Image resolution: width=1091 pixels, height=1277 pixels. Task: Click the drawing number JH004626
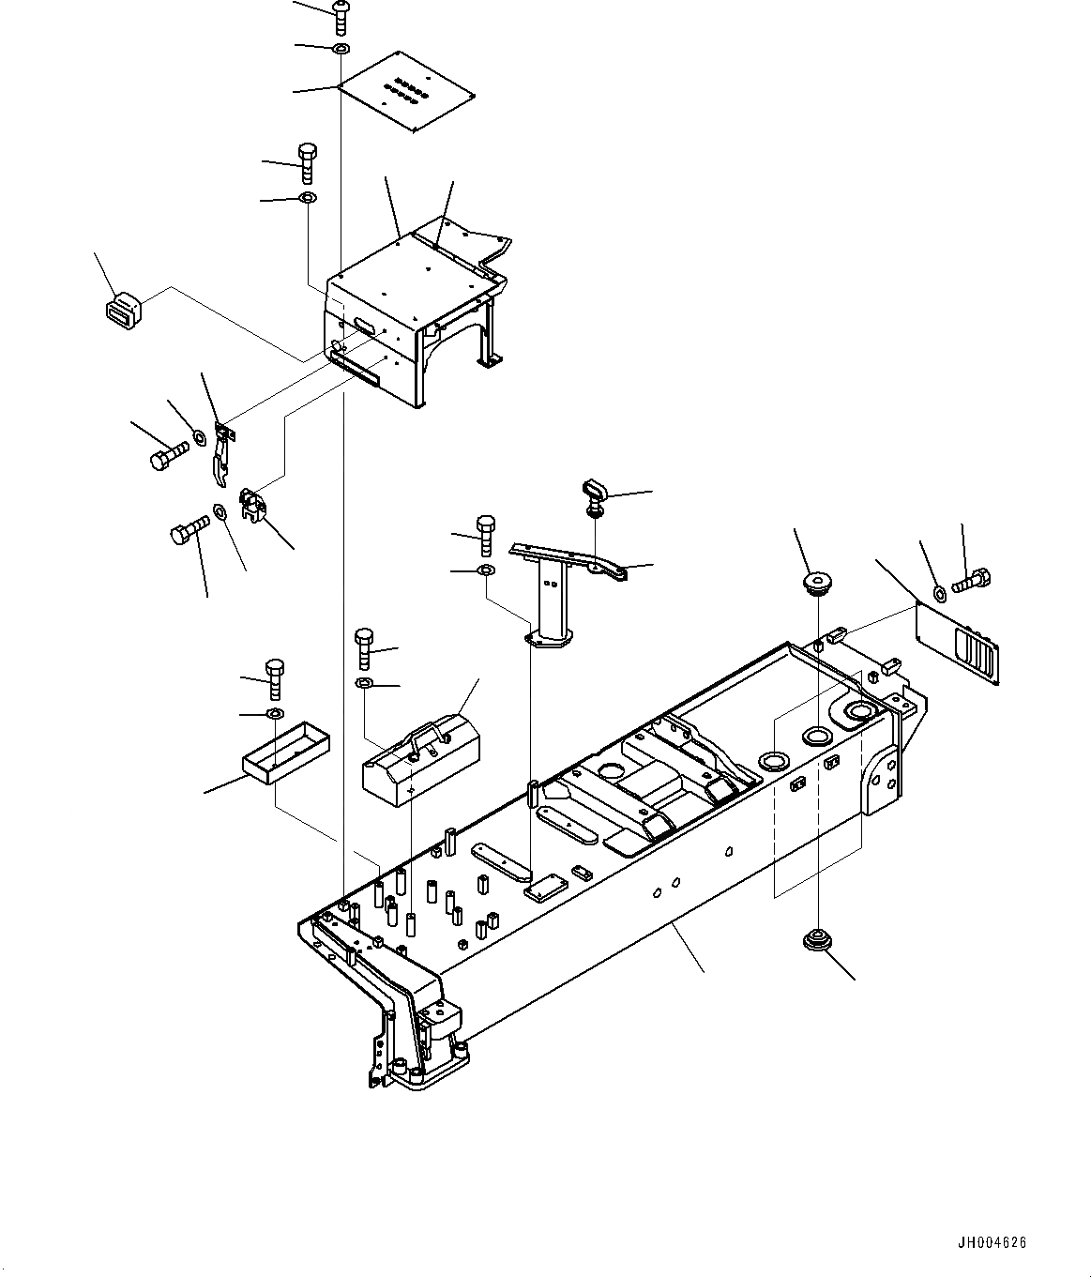(993, 1243)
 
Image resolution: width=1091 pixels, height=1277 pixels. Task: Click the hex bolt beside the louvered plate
(972, 581)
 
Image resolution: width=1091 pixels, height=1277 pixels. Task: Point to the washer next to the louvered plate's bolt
(941, 592)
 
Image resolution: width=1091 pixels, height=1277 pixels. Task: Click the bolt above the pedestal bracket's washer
(485, 537)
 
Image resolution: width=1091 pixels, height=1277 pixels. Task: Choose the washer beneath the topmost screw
(340, 48)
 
